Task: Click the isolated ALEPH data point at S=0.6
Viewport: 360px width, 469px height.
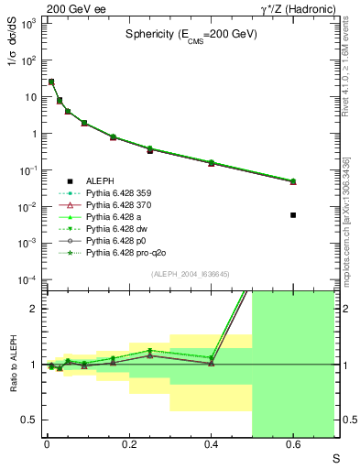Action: (x=293, y=215)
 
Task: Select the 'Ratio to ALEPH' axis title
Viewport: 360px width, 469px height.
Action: (x=16, y=365)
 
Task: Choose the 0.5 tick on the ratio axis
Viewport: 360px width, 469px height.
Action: (x=31, y=420)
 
